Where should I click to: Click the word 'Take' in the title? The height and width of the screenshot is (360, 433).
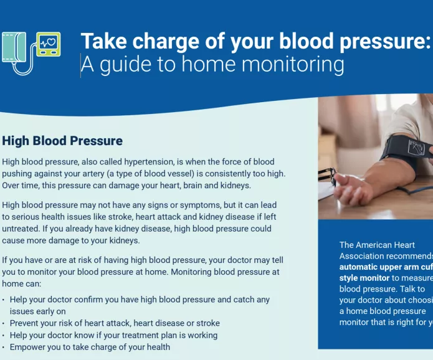[101, 41]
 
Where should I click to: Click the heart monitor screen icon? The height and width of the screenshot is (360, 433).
[48, 44]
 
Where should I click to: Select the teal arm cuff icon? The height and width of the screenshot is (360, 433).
[14, 47]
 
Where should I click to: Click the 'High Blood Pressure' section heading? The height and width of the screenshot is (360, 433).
[62, 141]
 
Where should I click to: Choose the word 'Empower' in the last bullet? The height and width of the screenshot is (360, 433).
[27, 347]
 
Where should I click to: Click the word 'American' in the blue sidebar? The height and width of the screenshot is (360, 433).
[386, 245]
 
